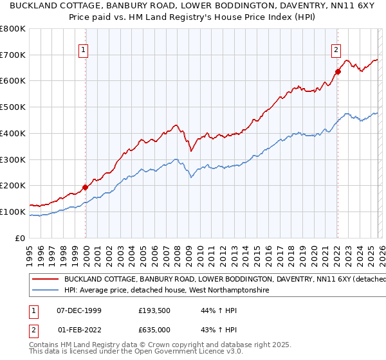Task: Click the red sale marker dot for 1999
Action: tap(86, 187)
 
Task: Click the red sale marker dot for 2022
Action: tap(337, 71)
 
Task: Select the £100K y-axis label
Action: tap(13, 212)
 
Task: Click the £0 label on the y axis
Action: tap(20, 238)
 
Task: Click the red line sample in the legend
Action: tap(44, 280)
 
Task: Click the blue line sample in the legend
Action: tap(44, 291)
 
